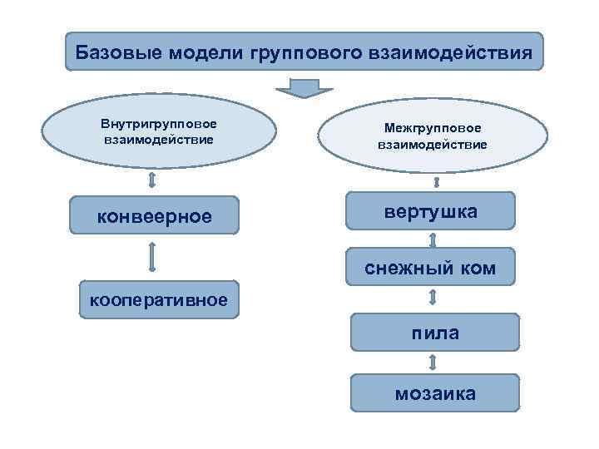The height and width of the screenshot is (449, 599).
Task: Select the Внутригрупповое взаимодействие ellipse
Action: click(x=158, y=131)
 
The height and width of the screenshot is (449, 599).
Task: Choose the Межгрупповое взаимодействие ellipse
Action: click(x=432, y=136)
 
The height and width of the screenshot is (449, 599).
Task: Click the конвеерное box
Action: click(x=155, y=216)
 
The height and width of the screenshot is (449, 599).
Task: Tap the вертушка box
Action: click(x=431, y=211)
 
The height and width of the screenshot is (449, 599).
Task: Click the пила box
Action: click(x=434, y=333)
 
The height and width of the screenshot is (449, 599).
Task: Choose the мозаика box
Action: click(x=434, y=392)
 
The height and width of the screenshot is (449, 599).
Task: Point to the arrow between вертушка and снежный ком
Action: click(x=433, y=240)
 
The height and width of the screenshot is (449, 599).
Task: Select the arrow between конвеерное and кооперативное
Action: click(x=152, y=256)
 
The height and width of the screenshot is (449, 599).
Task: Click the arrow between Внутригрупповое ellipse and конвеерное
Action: click(x=152, y=180)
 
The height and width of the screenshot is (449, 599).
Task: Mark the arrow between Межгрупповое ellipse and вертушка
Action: click(x=434, y=182)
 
